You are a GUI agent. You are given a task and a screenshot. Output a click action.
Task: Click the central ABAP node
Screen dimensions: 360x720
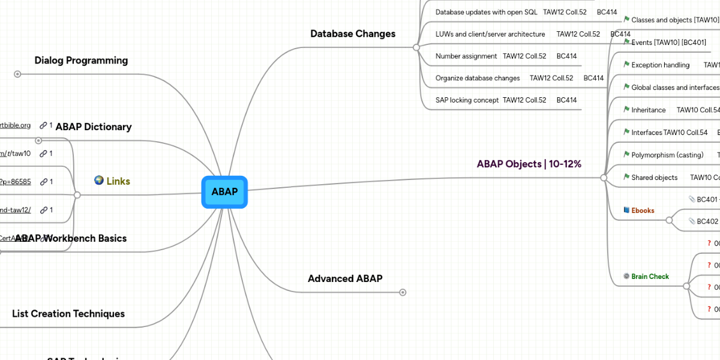tap(224, 192)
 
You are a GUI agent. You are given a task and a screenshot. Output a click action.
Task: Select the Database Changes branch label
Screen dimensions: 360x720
tap(353, 34)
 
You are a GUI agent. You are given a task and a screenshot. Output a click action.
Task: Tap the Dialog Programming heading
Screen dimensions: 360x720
tap(81, 60)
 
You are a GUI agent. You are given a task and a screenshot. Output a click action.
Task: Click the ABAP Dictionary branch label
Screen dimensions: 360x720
tap(94, 127)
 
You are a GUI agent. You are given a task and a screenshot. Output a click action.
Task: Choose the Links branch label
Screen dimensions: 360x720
tap(118, 181)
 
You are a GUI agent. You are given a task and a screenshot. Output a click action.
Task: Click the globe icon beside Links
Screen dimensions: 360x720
tap(99, 181)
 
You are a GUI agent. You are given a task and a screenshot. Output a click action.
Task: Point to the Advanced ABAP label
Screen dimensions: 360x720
tap(345, 278)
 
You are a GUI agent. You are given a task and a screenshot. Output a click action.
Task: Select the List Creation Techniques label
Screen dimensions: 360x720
tap(68, 314)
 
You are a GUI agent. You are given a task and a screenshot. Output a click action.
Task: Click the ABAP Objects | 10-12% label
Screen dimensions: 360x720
tap(529, 164)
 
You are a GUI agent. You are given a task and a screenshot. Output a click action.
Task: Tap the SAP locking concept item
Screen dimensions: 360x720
tap(467, 100)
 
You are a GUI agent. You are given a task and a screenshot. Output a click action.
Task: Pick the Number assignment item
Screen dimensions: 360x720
tap(466, 56)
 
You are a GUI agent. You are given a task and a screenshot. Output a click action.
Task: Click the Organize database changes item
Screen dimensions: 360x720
tap(478, 78)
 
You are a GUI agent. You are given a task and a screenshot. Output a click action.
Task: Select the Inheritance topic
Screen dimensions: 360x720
tap(649, 110)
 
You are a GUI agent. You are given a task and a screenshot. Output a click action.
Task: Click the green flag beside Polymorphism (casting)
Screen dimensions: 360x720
tap(626, 155)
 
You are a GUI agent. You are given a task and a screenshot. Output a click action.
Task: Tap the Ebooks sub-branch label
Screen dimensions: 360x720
tap(643, 211)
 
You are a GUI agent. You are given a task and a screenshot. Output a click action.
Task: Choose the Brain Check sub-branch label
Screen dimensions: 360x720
tap(650, 277)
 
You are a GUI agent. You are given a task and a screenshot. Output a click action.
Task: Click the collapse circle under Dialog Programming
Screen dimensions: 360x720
tap(17, 74)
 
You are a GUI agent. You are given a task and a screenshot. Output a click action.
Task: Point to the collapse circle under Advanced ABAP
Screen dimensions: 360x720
tap(403, 292)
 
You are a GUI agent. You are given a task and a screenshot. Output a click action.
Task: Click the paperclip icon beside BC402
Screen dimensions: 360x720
tap(692, 221)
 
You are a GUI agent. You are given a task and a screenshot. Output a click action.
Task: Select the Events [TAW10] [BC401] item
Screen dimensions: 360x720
tap(668, 43)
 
